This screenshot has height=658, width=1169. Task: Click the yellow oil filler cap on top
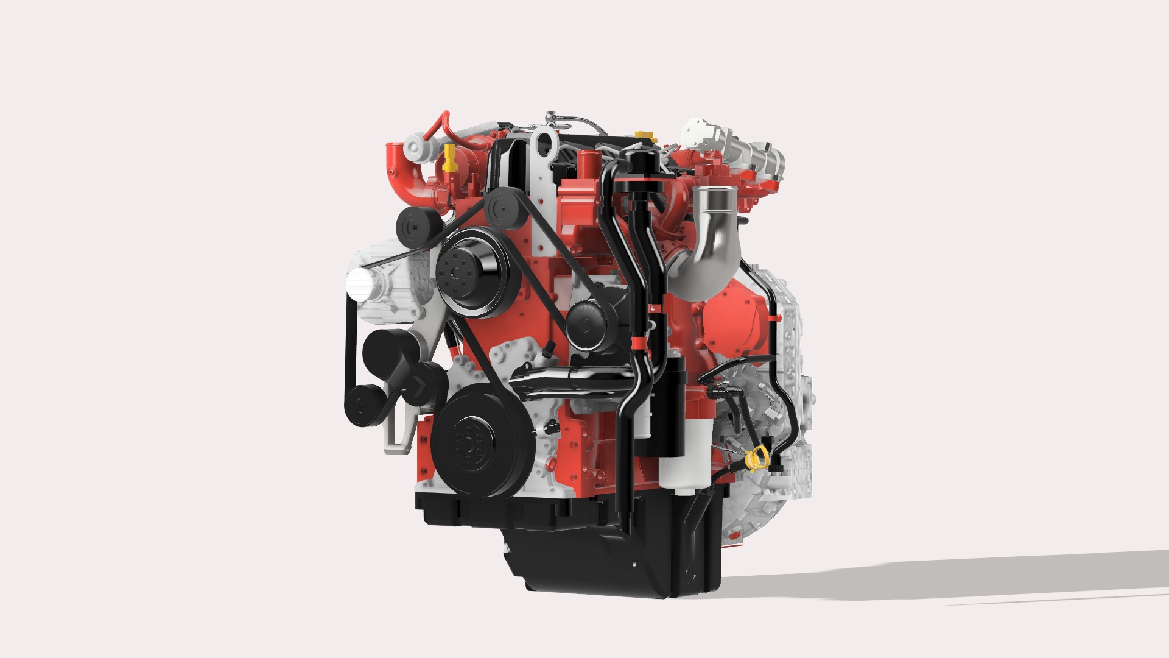tap(640, 134)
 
